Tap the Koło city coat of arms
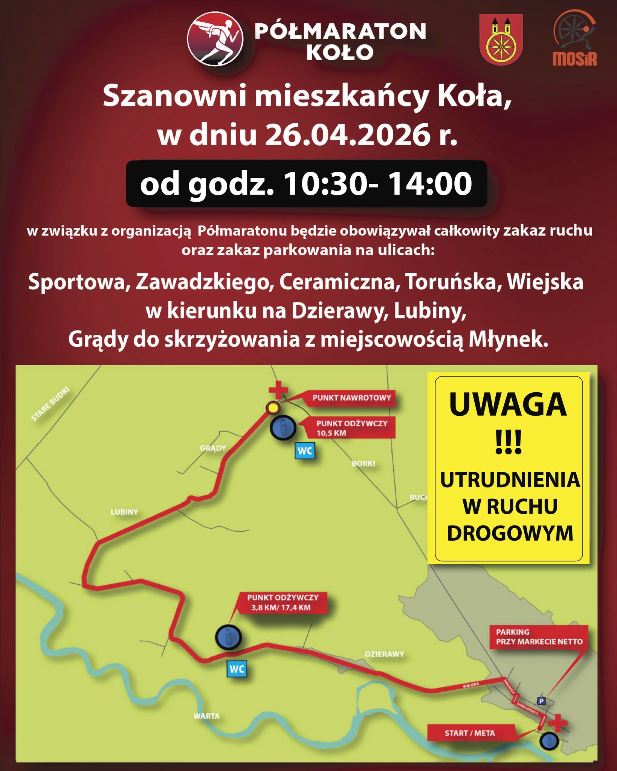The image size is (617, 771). coord(501,40)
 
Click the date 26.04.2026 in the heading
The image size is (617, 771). coord(347,134)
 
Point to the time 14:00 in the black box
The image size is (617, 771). coord(430,184)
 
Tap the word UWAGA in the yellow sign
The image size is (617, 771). coord(508,405)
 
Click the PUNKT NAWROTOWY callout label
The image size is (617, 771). coord(351,398)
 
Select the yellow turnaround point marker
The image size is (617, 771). coord(273,407)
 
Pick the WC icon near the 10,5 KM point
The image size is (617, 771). coord(304,451)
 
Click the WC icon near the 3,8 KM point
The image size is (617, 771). coord(237,669)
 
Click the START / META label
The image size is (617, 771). coord(469,733)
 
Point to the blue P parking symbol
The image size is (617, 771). coord(541,701)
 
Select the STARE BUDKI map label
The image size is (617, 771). coord(50,404)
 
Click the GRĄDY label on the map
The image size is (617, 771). coord(213,448)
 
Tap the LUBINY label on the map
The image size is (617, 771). coord(124,512)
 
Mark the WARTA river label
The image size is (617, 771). coord(206,716)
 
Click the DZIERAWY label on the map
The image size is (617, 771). coord(384,654)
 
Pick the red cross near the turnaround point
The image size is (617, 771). coord(278,390)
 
